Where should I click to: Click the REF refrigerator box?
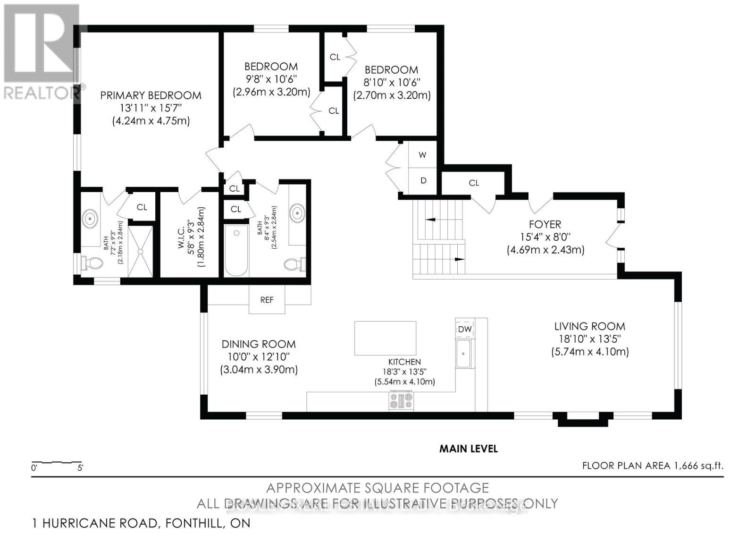click(267, 300)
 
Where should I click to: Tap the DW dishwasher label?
click(465, 329)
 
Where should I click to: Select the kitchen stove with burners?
click(401, 401)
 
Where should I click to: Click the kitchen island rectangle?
click(385, 338)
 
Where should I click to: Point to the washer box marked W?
click(423, 155)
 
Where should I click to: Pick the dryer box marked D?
click(423, 180)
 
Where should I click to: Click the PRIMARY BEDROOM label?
click(151, 95)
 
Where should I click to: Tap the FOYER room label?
click(545, 224)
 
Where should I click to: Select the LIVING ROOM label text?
click(589, 326)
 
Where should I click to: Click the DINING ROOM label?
click(259, 344)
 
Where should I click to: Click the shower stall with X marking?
click(141, 252)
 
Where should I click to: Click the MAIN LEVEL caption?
click(468, 449)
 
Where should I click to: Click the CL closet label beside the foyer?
click(474, 183)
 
